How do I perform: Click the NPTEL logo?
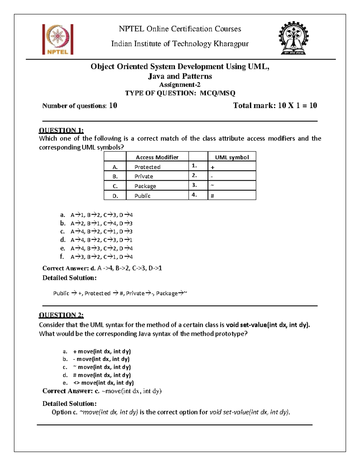58,39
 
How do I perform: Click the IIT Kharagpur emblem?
293,38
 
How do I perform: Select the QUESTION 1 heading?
61,130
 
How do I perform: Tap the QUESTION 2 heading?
61,315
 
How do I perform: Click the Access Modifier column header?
157,157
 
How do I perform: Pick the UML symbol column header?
232,157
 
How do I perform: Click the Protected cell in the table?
147,167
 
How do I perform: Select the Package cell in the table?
145,186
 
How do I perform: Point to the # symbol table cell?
232,196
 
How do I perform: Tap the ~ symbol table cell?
232,186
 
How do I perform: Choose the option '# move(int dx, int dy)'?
102,375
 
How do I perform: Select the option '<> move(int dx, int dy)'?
103,383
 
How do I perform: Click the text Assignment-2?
180,85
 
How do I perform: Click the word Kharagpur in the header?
231,44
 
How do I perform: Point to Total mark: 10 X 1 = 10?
275,105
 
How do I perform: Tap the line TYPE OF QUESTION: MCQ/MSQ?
180,93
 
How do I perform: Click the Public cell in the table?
142,196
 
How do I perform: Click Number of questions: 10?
79,106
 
